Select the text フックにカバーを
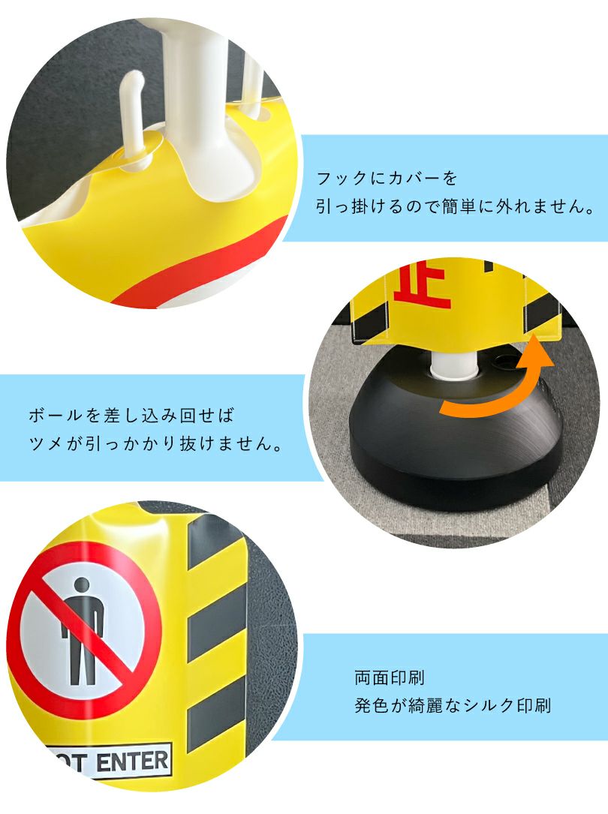point(387,179)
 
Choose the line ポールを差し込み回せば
point(137,415)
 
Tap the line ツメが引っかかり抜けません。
point(155,443)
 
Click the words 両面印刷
point(390,677)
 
